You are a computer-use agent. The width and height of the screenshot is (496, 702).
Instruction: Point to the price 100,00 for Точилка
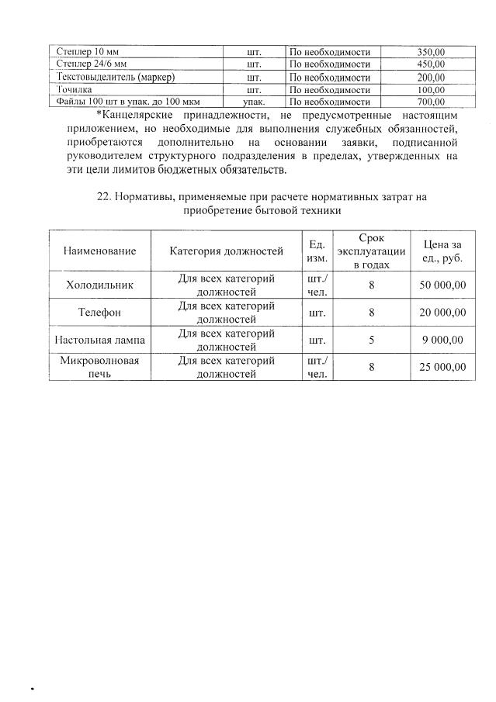pyautogui.click(x=430, y=89)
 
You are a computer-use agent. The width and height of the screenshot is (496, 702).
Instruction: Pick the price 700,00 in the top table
pyautogui.click(x=430, y=102)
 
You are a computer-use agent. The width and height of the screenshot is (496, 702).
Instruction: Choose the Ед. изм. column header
pyautogui.click(x=317, y=251)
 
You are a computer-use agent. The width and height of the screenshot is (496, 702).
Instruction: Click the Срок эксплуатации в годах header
pyautogui.click(x=372, y=251)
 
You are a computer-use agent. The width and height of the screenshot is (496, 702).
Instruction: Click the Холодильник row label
pyautogui.click(x=100, y=285)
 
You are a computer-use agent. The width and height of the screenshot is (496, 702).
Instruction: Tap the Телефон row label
pyautogui.click(x=100, y=313)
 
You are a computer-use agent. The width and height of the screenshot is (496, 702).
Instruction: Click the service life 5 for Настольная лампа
pyautogui.click(x=372, y=340)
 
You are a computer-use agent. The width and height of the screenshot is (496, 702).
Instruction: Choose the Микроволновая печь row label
pyautogui.click(x=100, y=367)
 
